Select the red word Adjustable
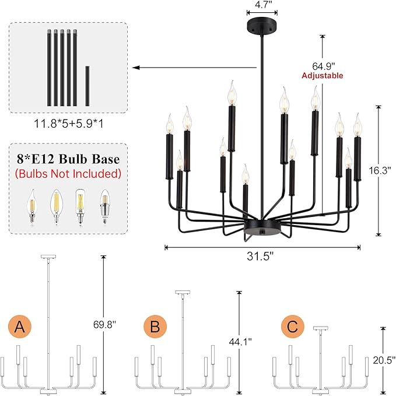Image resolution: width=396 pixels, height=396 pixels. point(323,76)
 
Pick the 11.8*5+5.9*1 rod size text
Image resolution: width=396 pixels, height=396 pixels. point(69,124)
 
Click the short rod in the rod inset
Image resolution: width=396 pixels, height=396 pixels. point(87,86)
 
